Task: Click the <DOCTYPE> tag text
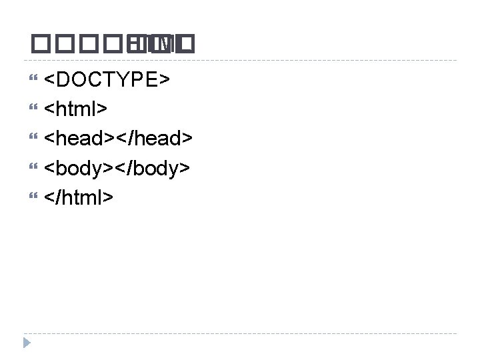click(107, 79)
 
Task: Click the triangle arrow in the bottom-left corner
click(26, 343)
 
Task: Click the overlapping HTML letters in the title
click(163, 45)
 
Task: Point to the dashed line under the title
click(240, 61)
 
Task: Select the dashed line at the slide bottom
click(240, 333)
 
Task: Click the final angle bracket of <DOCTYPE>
click(164, 80)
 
